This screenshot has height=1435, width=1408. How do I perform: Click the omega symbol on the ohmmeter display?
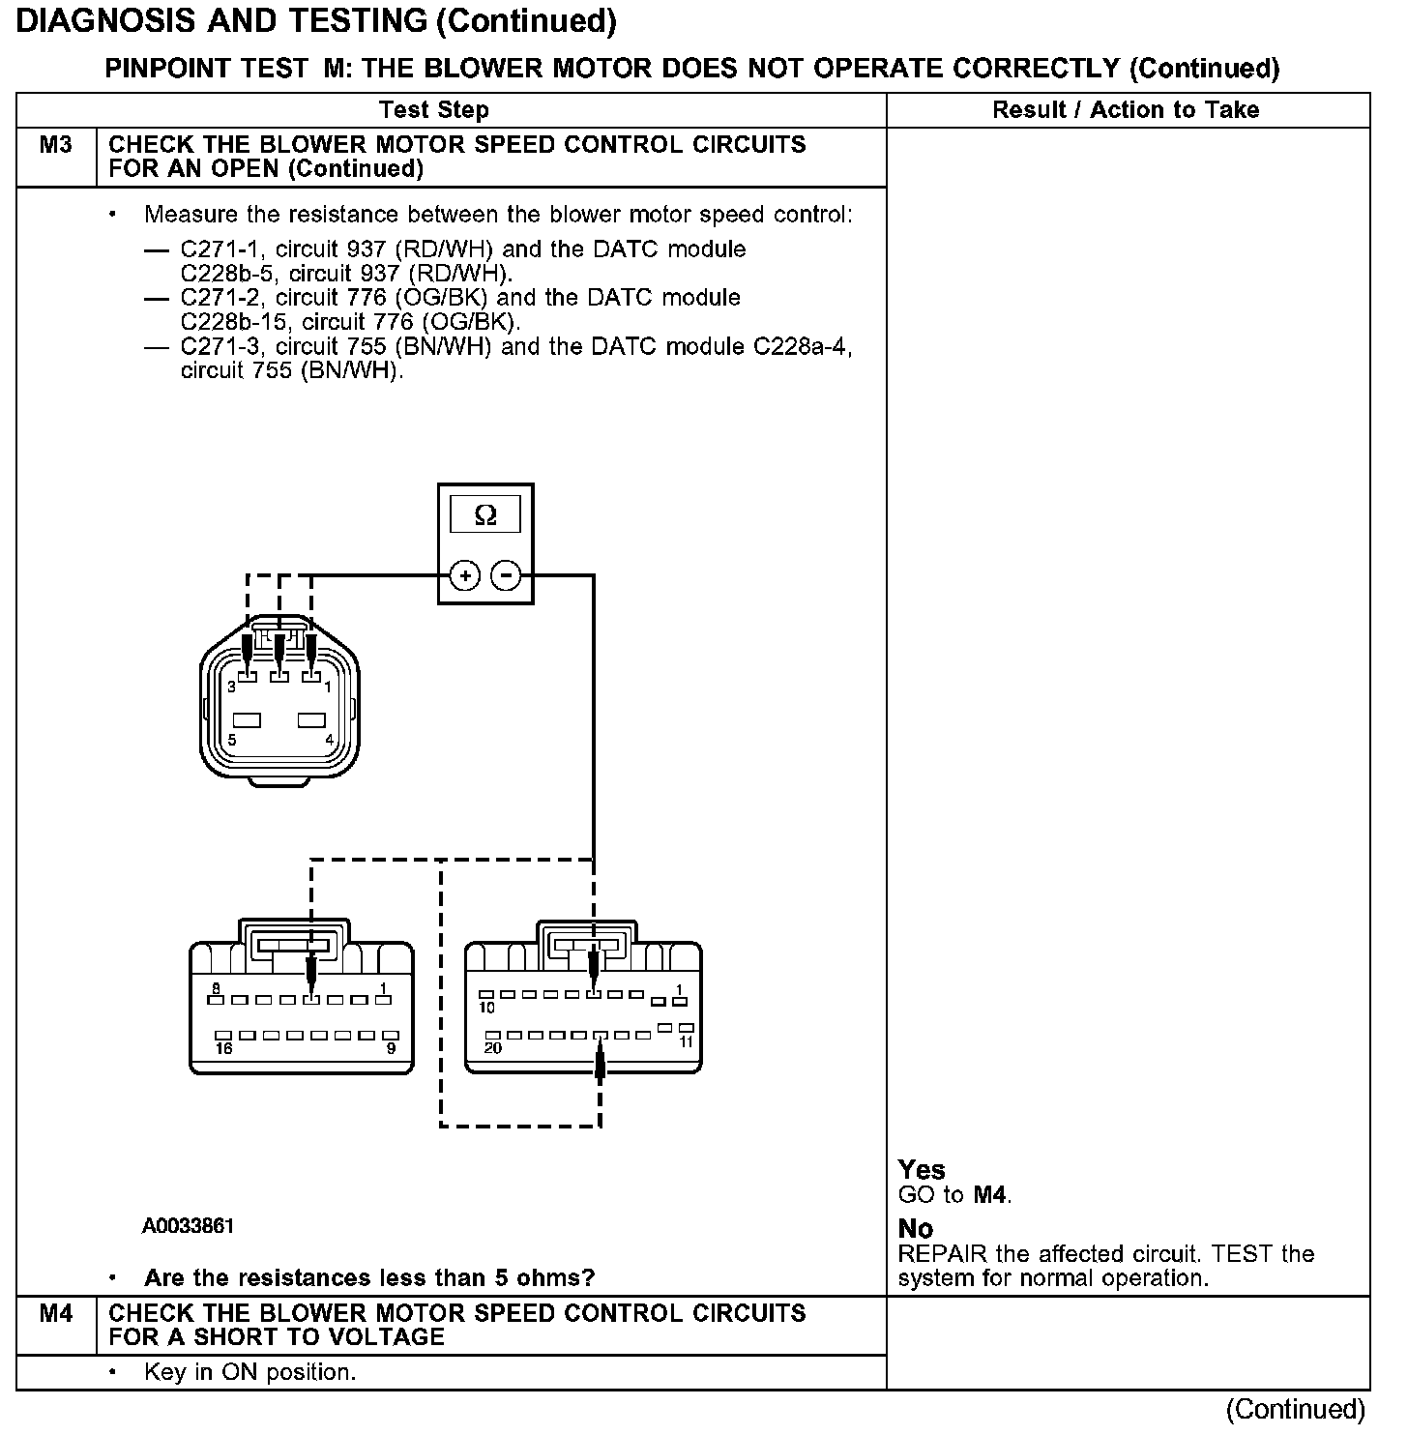(x=485, y=515)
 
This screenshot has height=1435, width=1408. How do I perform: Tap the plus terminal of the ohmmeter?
(x=465, y=576)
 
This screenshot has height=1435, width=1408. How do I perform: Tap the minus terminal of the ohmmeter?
(x=506, y=576)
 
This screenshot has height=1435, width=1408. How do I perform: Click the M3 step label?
(x=56, y=145)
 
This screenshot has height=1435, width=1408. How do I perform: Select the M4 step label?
(x=56, y=1313)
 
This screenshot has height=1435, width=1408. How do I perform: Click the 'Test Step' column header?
(x=433, y=110)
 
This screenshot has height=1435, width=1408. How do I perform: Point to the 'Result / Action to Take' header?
(x=1126, y=110)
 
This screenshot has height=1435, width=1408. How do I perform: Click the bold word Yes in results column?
(x=921, y=1170)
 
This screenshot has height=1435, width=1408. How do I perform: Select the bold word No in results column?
(x=915, y=1229)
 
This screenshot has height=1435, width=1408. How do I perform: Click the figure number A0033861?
(x=188, y=1226)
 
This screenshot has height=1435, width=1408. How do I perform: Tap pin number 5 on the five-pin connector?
(x=232, y=740)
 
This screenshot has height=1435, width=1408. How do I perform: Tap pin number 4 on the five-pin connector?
(x=329, y=740)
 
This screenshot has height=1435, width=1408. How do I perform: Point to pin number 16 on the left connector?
(x=224, y=1048)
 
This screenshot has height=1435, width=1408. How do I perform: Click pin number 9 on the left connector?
(x=391, y=1048)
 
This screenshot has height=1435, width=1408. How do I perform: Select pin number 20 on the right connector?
(x=493, y=1048)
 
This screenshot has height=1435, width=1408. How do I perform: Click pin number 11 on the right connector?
(x=686, y=1042)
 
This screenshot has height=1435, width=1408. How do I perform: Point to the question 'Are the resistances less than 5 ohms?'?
(x=369, y=1278)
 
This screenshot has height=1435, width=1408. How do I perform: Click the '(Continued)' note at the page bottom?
(x=1296, y=1410)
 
